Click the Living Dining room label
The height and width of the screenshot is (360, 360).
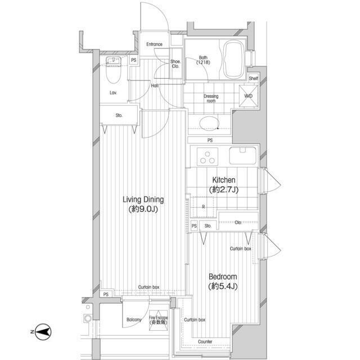143,204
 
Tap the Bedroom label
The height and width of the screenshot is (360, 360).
223,282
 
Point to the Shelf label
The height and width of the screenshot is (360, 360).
253,79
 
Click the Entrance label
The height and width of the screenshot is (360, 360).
154,44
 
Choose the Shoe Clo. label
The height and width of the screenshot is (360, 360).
175,64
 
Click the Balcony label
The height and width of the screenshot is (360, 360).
134,320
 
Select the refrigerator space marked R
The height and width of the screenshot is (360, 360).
203,206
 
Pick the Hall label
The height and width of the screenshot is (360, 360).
154,85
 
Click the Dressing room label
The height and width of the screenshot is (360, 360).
211,98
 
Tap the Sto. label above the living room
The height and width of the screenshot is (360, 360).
119,116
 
